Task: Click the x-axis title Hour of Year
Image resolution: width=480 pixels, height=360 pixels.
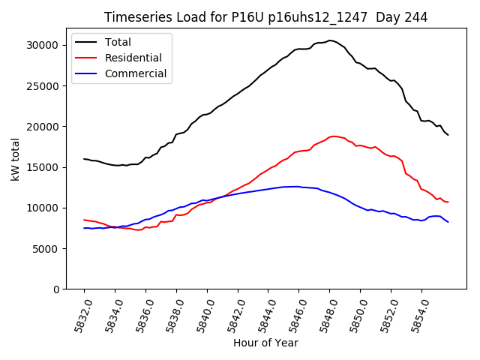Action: [265, 343]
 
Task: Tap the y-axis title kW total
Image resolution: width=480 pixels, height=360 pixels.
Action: [15, 159]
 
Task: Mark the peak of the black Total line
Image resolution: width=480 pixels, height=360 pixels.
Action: [331, 40]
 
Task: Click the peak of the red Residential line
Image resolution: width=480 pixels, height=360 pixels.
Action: [335, 136]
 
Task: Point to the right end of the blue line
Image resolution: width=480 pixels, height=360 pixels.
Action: [448, 222]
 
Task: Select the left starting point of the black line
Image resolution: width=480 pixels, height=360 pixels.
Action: [84, 159]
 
